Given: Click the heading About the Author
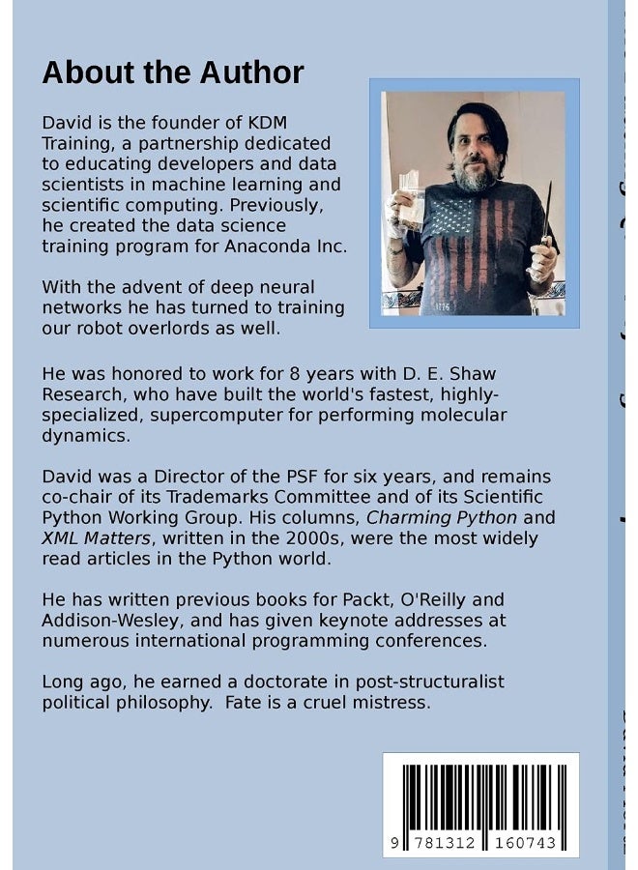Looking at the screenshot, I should tap(173, 72).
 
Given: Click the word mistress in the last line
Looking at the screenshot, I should tap(391, 703).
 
